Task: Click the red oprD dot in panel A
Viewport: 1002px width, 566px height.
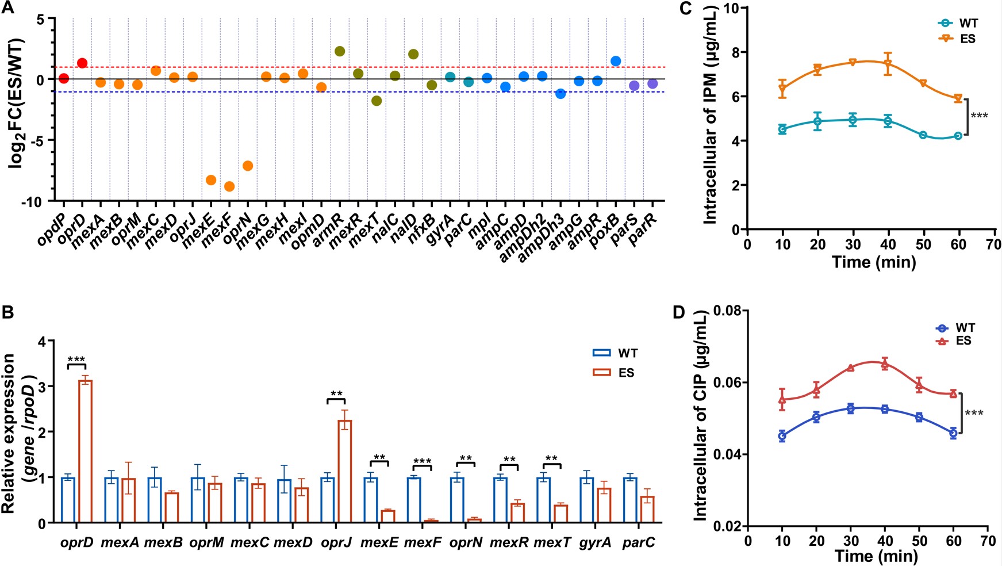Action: pyautogui.click(x=82, y=63)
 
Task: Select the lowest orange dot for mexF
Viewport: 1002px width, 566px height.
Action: pyautogui.click(x=229, y=186)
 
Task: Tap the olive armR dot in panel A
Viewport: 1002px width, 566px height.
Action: pyautogui.click(x=340, y=52)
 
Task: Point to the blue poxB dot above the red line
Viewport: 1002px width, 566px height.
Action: pyautogui.click(x=616, y=61)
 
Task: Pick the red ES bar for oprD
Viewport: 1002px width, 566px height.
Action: pyautogui.click(x=86, y=451)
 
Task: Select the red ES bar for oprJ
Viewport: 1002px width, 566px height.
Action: pyautogui.click(x=345, y=471)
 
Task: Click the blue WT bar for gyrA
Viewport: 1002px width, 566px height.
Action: pyautogui.click(x=587, y=499)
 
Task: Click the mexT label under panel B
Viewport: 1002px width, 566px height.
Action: pyautogui.click(x=552, y=542)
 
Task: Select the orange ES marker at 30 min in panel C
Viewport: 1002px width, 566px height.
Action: pyautogui.click(x=853, y=62)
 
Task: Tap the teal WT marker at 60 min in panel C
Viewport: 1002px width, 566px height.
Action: pyautogui.click(x=958, y=136)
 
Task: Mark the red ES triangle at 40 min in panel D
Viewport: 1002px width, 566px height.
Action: pyautogui.click(x=885, y=364)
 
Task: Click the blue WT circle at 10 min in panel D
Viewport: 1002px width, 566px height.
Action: pyautogui.click(x=782, y=436)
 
